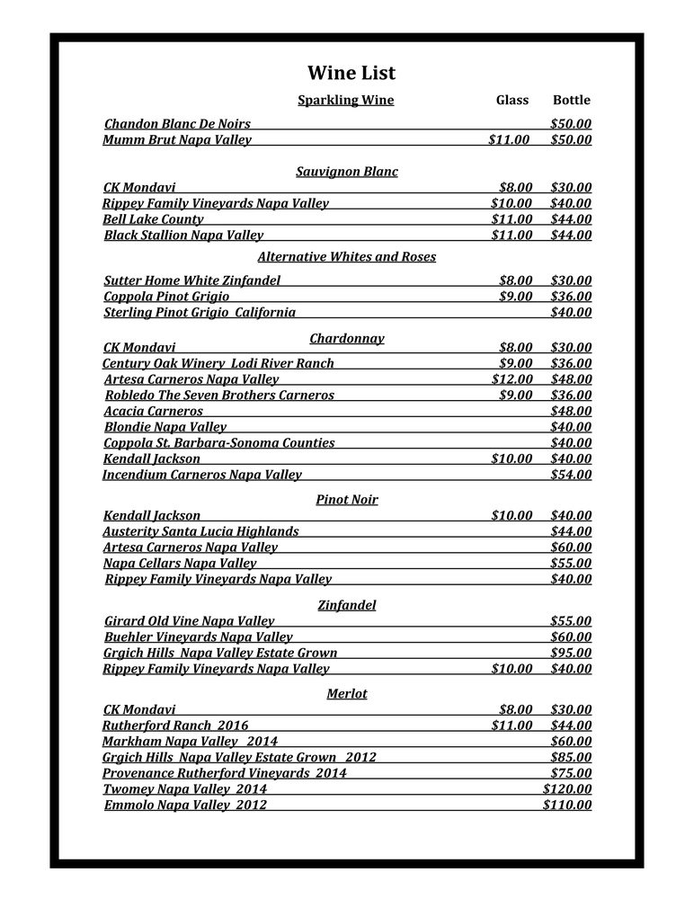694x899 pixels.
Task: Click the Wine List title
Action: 351,73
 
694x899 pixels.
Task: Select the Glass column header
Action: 512,100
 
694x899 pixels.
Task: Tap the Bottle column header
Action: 571,100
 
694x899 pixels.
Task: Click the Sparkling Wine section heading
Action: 345,100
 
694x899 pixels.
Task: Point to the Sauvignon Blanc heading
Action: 346,171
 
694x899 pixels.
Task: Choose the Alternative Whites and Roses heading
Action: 346,256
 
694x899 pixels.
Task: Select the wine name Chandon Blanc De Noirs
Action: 177,123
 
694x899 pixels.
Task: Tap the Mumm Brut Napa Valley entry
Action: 177,139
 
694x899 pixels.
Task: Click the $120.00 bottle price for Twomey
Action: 567,788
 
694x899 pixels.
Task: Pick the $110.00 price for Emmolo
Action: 567,805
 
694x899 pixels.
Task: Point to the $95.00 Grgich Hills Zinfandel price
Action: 571,653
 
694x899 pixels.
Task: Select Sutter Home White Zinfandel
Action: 192,280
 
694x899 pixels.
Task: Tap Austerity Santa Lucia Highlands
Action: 200,531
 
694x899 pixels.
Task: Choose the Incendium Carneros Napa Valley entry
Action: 202,474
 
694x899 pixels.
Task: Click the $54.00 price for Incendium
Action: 571,474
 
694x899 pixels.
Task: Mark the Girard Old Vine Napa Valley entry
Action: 190,620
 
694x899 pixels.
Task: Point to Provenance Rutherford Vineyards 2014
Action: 225,772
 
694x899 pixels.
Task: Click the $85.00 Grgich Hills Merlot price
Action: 571,757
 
